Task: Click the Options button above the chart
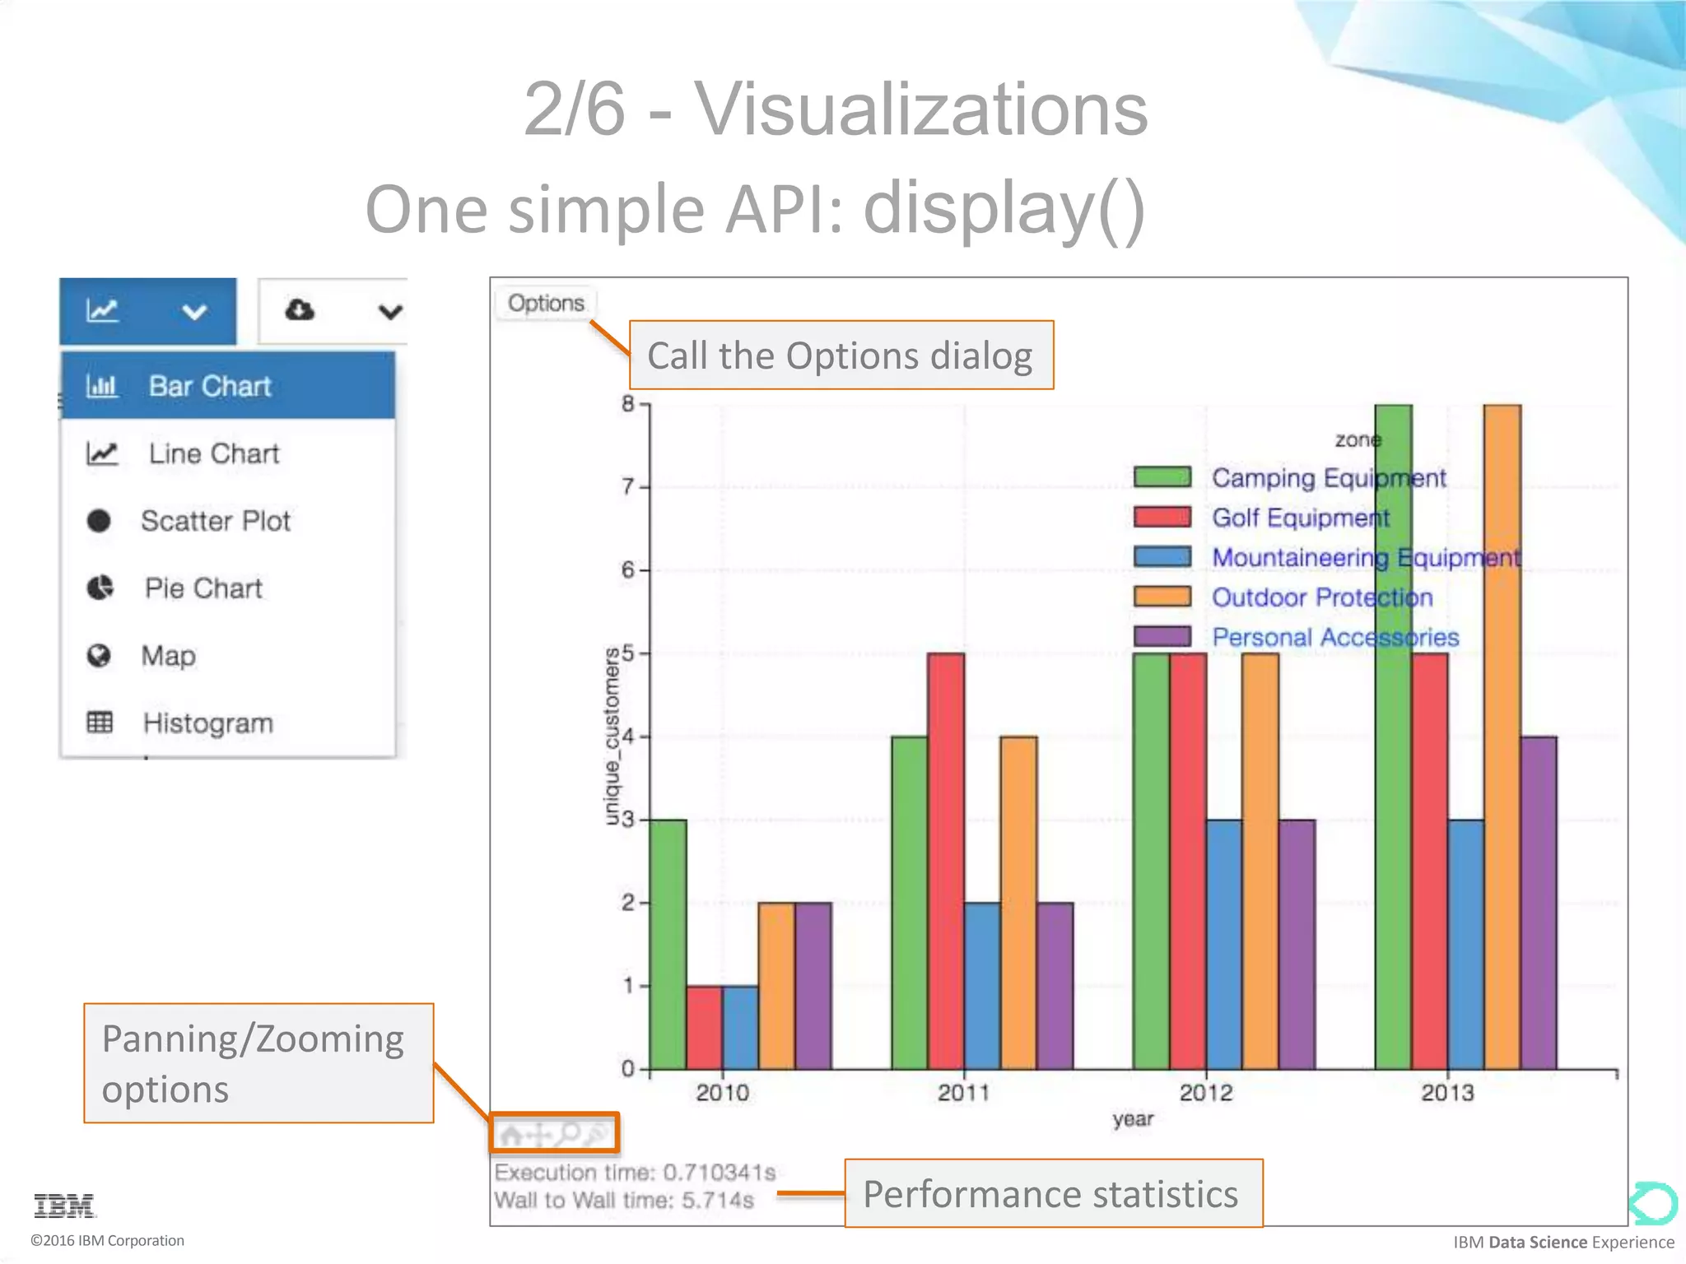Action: [x=545, y=303]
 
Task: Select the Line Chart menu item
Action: [x=213, y=453]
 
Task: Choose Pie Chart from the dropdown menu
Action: [x=203, y=588]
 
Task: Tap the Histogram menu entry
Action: [x=207, y=723]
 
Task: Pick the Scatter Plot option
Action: [x=215, y=521]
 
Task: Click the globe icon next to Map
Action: [x=99, y=656]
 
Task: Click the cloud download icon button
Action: [x=300, y=310]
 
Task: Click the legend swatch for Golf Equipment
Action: [x=1162, y=518]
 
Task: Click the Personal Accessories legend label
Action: [x=1334, y=638]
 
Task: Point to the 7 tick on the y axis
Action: [x=628, y=486]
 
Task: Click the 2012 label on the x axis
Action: [x=1205, y=1093]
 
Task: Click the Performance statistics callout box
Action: [x=1053, y=1193]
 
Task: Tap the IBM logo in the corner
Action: [x=64, y=1206]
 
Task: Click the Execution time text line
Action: [x=634, y=1173]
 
